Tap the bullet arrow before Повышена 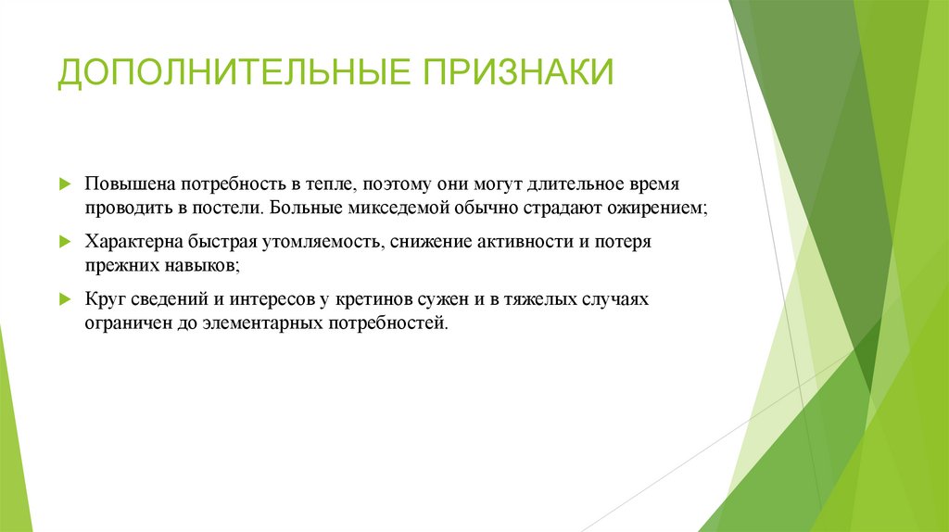click(63, 184)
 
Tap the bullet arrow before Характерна click(63, 242)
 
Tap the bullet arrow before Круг click(63, 300)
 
